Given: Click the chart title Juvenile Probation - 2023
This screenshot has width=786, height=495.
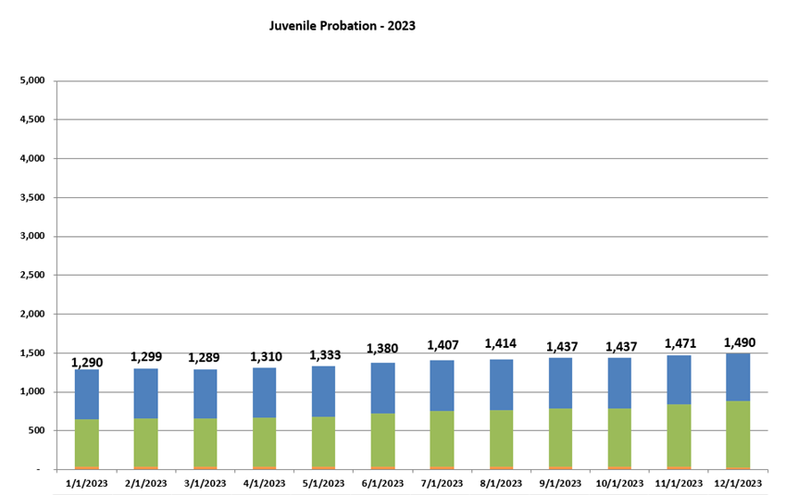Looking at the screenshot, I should [342, 26].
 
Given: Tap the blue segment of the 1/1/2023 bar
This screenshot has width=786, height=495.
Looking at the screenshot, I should [86, 394].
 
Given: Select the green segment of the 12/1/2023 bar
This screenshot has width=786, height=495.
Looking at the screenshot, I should [738, 433].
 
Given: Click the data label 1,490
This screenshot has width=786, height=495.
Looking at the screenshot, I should [739, 343].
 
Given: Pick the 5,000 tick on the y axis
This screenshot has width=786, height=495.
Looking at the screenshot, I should [31, 80].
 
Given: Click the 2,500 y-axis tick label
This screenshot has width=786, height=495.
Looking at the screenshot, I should [31, 275].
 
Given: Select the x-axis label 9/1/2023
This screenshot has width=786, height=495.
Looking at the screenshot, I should [560, 483].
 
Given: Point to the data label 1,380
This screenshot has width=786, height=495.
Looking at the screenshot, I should [382, 349].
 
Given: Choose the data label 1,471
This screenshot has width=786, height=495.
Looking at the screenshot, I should [680, 344].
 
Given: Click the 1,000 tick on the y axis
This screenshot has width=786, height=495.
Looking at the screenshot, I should [31, 391].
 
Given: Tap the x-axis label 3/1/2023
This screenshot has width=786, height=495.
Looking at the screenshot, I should [205, 483].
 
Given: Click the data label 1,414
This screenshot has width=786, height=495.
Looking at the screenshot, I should [501, 344].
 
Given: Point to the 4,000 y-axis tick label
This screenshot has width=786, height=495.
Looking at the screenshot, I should [31, 158].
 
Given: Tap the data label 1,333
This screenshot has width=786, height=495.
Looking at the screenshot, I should [323, 355].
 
